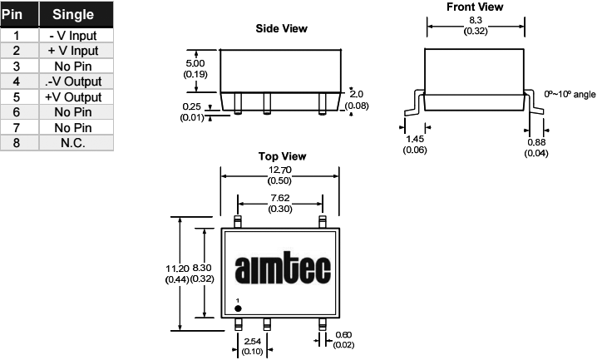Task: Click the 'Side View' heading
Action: (x=281, y=28)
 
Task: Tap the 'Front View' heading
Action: (x=476, y=7)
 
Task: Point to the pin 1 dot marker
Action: (x=238, y=308)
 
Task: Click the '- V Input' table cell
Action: (x=73, y=36)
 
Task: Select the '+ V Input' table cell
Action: (x=73, y=51)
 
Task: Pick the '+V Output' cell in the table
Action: (x=73, y=96)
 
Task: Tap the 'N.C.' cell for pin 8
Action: (x=73, y=142)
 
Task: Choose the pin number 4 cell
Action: (x=17, y=81)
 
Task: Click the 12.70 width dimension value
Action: (x=279, y=170)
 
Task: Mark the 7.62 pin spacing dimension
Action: (x=279, y=198)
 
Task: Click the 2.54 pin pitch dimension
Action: (x=253, y=342)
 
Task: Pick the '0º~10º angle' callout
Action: (x=570, y=93)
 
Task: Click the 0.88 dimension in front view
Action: (x=537, y=142)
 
